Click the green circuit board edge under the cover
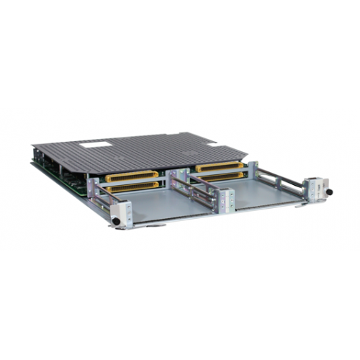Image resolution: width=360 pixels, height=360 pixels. pos(58,173)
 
